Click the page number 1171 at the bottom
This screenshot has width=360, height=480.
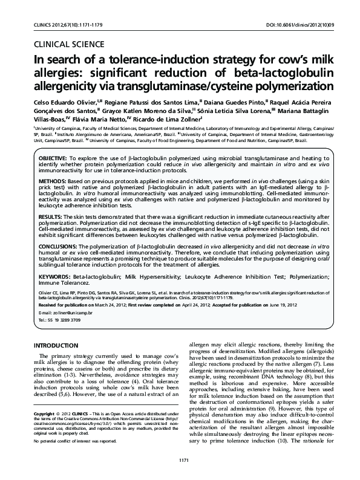180,462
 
